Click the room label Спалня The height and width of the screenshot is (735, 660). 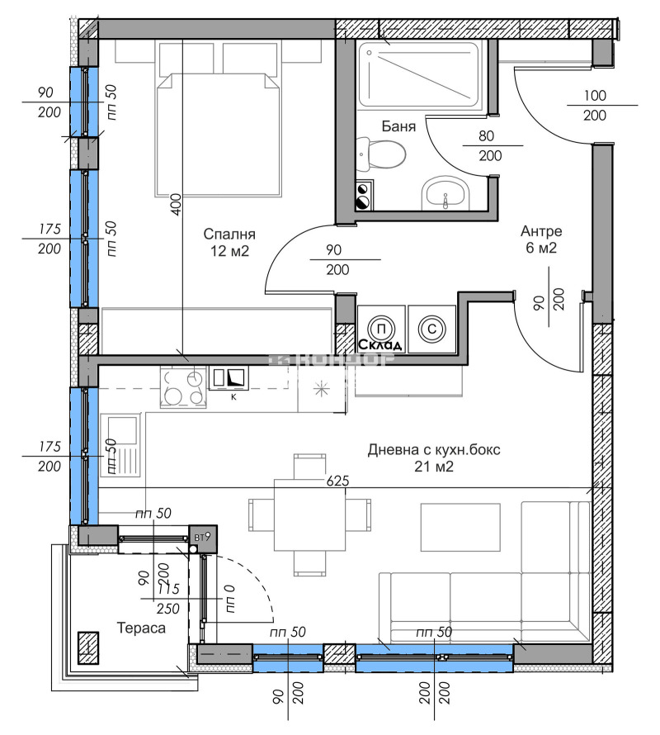tap(229, 234)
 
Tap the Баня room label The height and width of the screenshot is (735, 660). tap(398, 126)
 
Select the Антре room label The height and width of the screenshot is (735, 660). tap(540, 230)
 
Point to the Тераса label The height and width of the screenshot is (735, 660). tap(139, 628)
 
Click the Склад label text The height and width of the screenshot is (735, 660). tap(380, 344)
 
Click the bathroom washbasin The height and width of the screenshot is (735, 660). tap(445, 197)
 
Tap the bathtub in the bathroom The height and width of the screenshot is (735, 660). tap(417, 74)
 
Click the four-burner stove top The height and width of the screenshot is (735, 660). tap(184, 386)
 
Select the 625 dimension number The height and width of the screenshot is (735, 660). tap(339, 480)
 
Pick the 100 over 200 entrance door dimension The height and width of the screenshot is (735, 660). tap(594, 105)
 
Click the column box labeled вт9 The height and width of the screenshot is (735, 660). tap(202, 538)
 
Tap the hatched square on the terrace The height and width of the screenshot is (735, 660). tap(88, 647)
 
